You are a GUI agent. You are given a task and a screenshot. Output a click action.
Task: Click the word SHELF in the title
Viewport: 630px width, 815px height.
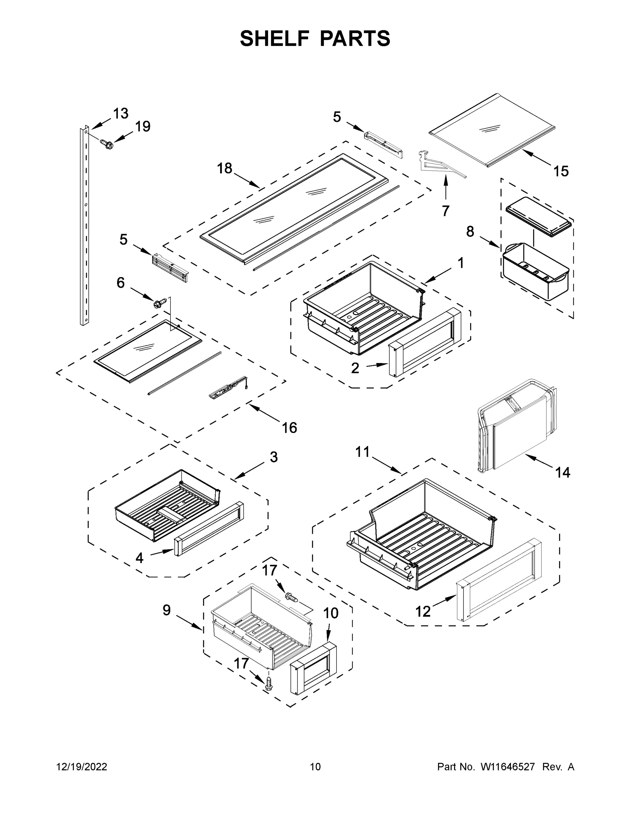(x=274, y=38)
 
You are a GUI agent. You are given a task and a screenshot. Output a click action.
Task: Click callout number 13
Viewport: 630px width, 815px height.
(x=121, y=113)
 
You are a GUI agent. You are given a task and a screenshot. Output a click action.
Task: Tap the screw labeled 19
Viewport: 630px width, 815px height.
(x=106, y=143)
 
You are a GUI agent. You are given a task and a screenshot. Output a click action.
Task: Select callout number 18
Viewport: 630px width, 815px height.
(x=225, y=169)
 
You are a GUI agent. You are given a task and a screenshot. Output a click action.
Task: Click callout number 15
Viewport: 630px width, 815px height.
(x=561, y=171)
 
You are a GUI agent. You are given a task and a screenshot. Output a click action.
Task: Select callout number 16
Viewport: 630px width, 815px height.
(x=289, y=428)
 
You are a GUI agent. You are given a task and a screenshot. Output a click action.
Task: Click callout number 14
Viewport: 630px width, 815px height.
(x=562, y=473)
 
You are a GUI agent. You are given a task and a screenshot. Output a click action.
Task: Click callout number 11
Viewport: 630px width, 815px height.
(x=362, y=452)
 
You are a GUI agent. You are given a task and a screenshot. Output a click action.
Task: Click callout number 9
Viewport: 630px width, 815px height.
(x=166, y=611)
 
